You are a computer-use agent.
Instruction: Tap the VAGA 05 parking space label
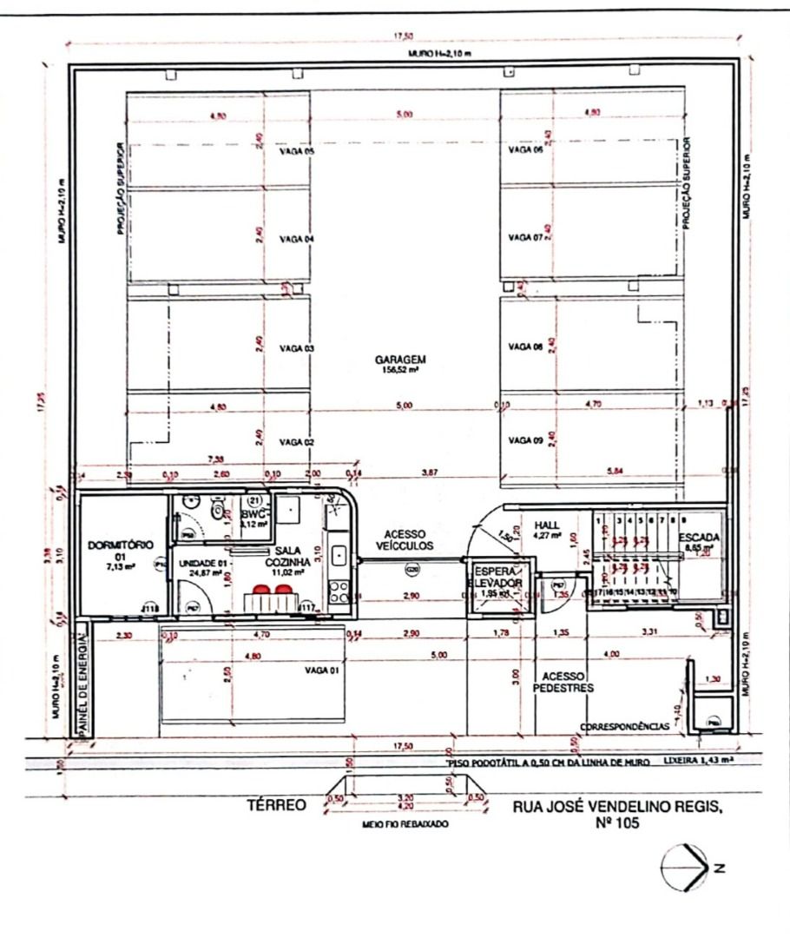coord(296,151)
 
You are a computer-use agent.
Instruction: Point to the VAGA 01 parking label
coord(320,670)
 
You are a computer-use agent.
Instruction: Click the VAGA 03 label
coord(296,347)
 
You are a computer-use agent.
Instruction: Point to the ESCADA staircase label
coord(699,538)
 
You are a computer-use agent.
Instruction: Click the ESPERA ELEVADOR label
coord(498,578)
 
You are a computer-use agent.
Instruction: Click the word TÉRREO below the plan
coord(276,806)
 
